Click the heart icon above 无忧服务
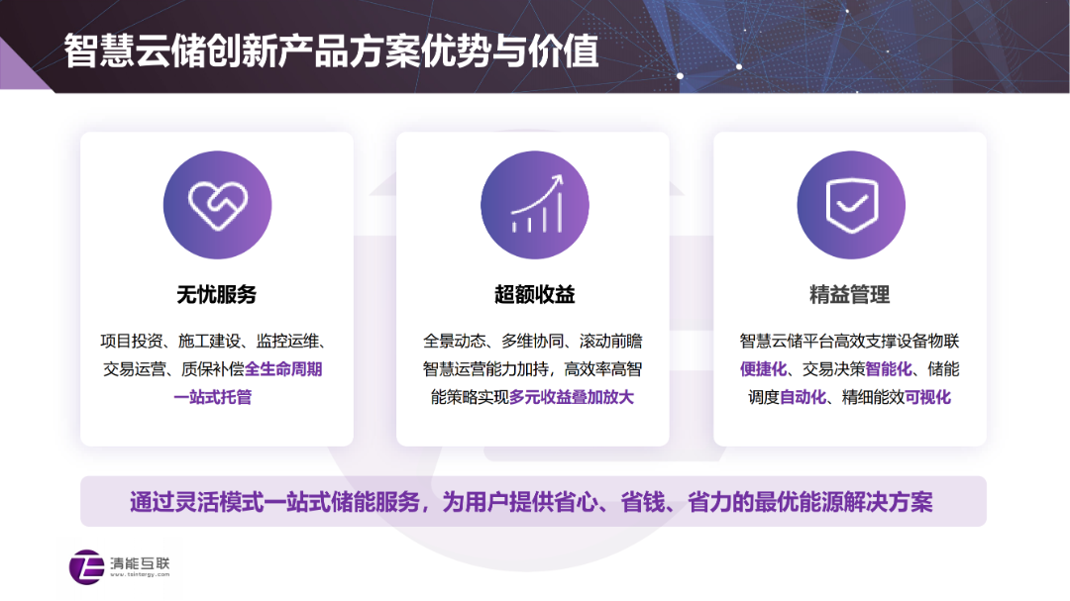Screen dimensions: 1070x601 (218, 205)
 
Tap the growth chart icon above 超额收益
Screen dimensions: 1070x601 (538, 204)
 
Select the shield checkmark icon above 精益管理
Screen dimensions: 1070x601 (851, 205)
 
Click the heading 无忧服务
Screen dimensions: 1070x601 (217, 295)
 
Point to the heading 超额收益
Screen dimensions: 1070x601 (535, 295)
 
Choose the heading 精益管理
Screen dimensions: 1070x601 (850, 295)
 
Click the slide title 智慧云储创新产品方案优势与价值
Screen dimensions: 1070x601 (332, 51)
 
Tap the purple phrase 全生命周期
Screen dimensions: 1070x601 (283, 369)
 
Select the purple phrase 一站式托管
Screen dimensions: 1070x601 (213, 397)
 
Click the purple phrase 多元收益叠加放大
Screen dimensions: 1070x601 (572, 397)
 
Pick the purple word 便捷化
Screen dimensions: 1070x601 (764, 369)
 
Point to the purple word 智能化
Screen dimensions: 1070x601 (889, 369)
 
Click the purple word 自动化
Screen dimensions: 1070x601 (802, 397)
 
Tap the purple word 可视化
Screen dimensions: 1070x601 (927, 397)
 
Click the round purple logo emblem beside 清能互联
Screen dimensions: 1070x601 (86, 567)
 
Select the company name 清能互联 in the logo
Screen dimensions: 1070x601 (140, 562)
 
